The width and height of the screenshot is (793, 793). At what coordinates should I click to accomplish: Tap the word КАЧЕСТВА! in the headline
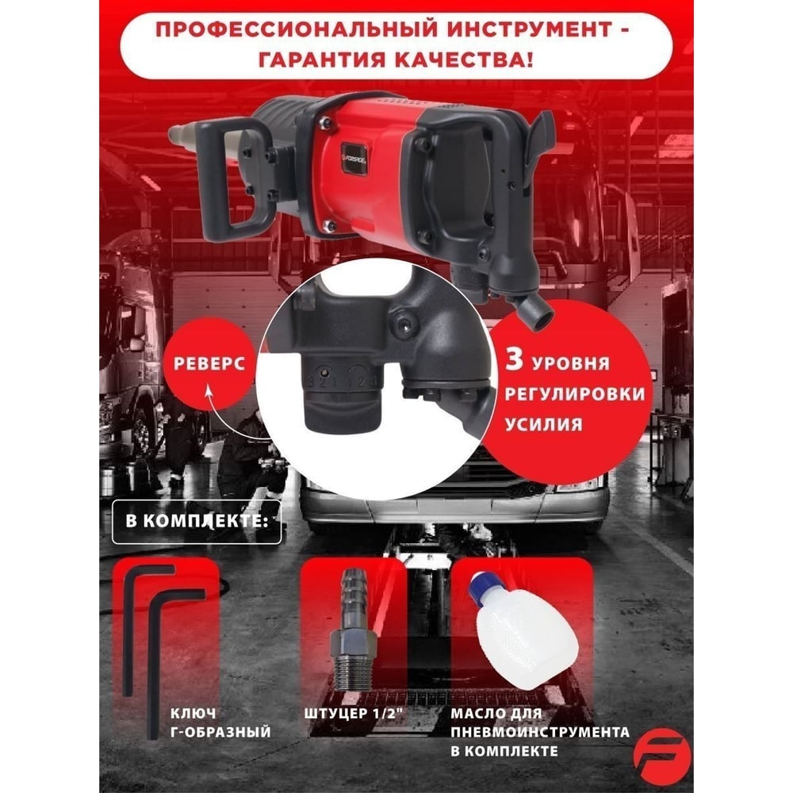tap(463, 60)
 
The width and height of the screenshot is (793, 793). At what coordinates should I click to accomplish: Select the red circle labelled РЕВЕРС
tap(209, 364)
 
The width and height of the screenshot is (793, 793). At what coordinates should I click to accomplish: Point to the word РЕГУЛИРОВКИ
tap(575, 394)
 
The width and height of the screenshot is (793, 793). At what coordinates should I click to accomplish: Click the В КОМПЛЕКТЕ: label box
tap(196, 522)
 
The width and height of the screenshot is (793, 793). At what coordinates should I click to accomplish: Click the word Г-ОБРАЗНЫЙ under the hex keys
tap(220, 732)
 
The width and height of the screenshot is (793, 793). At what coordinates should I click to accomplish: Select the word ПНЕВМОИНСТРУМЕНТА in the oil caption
tap(540, 732)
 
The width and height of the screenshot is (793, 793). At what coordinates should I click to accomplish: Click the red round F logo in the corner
tap(662, 757)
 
